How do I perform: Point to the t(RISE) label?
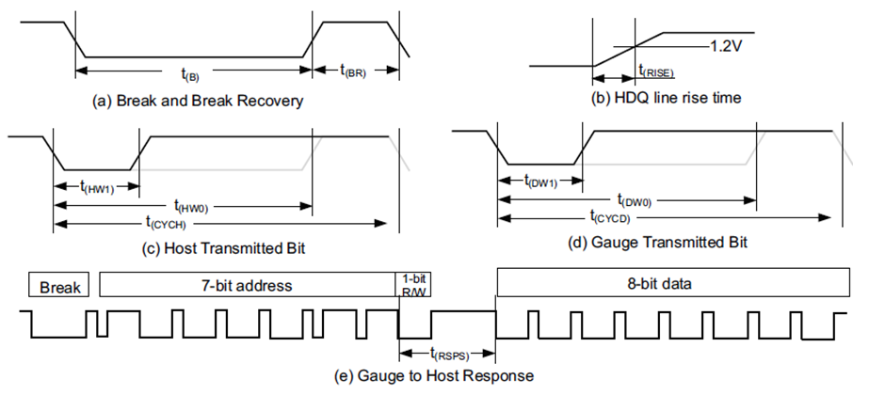pyautogui.click(x=656, y=70)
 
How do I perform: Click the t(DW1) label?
pyautogui.click(x=539, y=181)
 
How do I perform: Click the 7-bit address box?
pyautogui.click(x=247, y=284)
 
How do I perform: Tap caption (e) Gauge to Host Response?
pyautogui.click(x=434, y=376)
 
